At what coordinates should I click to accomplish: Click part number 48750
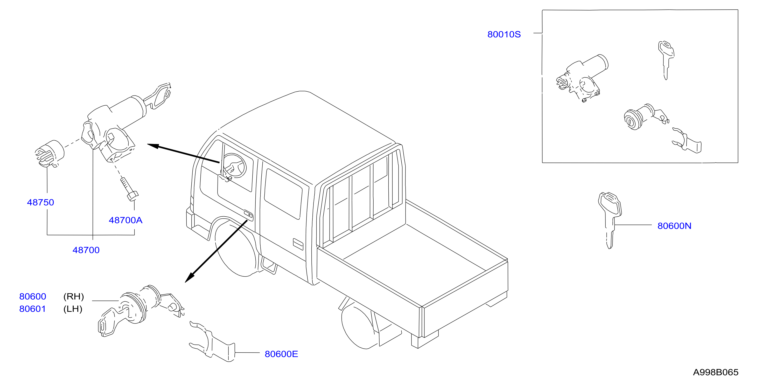pos(40,203)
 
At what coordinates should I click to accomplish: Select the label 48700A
pos(125,220)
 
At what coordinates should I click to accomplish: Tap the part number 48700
pos(86,250)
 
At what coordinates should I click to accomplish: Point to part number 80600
pos(32,297)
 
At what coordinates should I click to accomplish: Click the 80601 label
pos(32,309)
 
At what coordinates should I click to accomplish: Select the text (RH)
pos(74,297)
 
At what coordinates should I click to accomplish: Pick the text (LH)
pos(73,309)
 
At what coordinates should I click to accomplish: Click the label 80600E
pos(281,354)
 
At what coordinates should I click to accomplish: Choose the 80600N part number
pos(674,226)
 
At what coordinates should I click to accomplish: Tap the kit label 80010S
pos(504,35)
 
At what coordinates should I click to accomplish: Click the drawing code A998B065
pos(716,373)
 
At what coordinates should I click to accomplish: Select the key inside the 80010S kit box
pos(666,60)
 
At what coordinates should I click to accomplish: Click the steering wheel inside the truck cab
pos(234,166)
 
